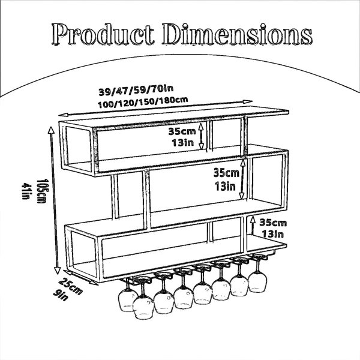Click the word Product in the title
pos(103,34)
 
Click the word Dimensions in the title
pos(238,34)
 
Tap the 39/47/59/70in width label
pos(136,90)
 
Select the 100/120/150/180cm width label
pos(143,103)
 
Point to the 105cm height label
pos(42,191)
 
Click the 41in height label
pos(26,191)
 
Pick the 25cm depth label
pos(70,286)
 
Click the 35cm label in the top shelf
pos(182,131)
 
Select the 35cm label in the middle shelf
pos(226,173)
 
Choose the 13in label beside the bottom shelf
pos(273,234)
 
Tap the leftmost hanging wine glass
pos(128,296)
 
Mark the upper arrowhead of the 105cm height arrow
pos(51,130)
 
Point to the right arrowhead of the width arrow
pos(248,102)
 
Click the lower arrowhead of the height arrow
pos(58,271)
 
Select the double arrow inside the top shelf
pos(201,136)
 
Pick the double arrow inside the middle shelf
pos(242,179)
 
